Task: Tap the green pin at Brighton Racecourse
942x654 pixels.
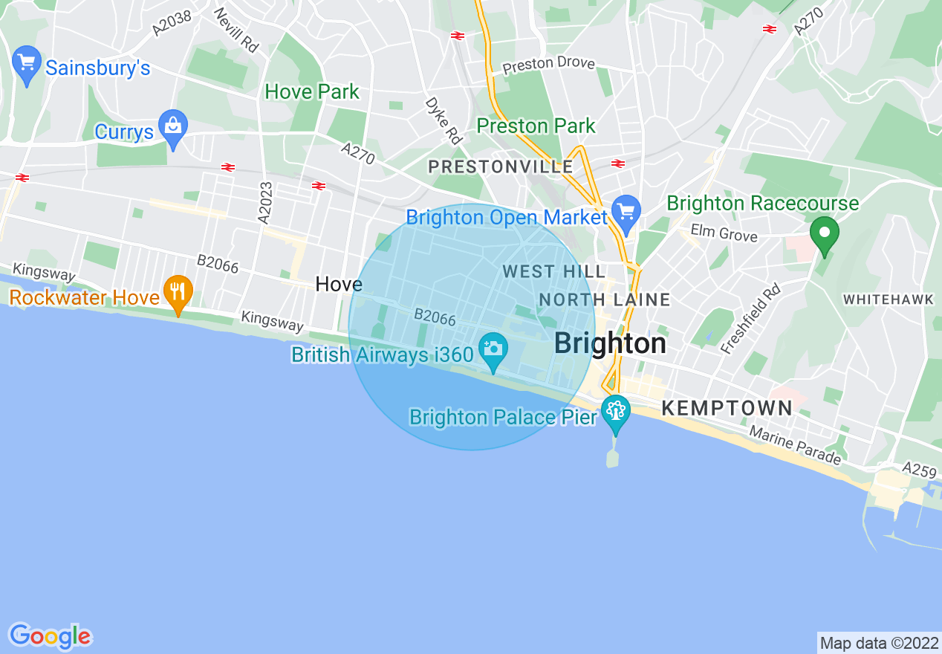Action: coord(824,233)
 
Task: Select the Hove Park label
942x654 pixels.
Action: coord(312,92)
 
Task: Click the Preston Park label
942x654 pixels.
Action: coord(536,126)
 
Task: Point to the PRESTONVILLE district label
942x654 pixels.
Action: coord(501,167)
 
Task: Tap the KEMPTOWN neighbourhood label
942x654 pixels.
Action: coord(727,408)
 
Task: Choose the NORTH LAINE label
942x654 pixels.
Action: coord(604,300)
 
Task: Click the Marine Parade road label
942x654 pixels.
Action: coord(794,445)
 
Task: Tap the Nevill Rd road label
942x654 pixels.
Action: coord(236,30)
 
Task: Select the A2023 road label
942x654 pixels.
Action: coord(265,202)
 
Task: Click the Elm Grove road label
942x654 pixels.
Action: coord(724,233)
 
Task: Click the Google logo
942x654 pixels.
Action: coord(50,636)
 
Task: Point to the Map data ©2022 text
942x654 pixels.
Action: coord(877,642)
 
